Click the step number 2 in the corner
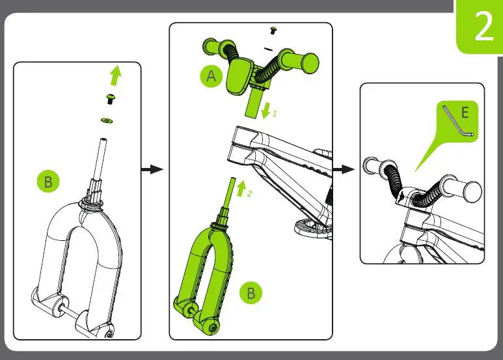(484, 26)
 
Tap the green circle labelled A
(211, 76)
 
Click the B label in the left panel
(48, 181)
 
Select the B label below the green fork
(251, 292)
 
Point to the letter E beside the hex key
(465, 113)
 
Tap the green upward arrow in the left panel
(115, 76)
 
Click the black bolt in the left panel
(111, 99)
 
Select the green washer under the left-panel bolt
(107, 120)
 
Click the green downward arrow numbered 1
(266, 111)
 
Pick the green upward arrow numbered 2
(241, 188)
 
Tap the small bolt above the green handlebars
(273, 31)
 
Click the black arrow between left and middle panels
(152, 169)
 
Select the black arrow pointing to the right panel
(344, 169)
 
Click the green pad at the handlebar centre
(239, 76)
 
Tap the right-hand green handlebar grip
(298, 61)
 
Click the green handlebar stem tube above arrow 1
(253, 104)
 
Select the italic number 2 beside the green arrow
(250, 193)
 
